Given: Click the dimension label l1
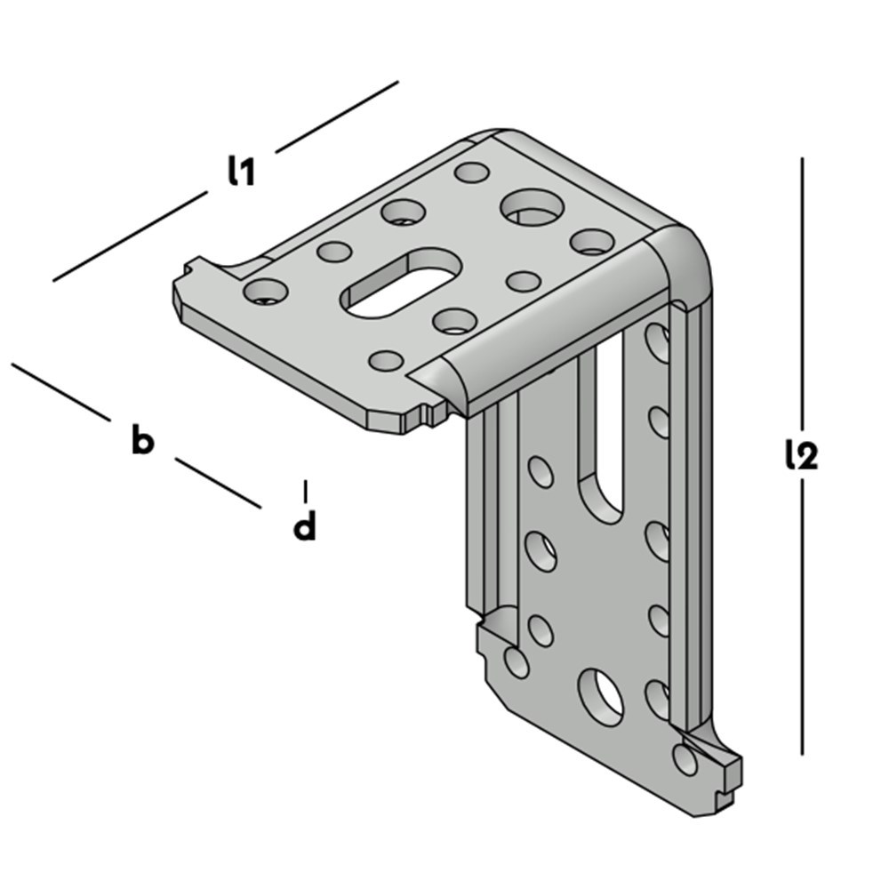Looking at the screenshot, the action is point(242,172).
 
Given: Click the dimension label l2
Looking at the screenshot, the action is point(802,455).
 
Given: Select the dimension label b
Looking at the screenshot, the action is point(142,439).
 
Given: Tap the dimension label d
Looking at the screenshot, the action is point(305,525).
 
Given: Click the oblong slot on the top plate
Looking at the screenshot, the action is point(401,283).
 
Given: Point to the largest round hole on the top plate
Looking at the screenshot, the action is point(532,207).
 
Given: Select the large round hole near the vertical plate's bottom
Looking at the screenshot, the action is point(600,698).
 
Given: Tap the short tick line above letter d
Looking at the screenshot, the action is point(306,492).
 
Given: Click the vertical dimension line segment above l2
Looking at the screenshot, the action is point(802,293).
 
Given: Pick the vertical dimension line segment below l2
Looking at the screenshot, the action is point(802,618).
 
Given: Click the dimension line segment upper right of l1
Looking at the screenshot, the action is point(337,116).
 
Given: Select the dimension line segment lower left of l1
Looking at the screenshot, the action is point(131,236).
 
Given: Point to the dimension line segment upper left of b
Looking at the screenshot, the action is point(60,392).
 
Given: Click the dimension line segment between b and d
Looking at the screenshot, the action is point(219,483).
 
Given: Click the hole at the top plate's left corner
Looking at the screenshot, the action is point(265,292).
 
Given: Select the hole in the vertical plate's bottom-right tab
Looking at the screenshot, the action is point(685,758).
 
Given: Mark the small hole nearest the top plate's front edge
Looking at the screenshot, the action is point(386,361).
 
